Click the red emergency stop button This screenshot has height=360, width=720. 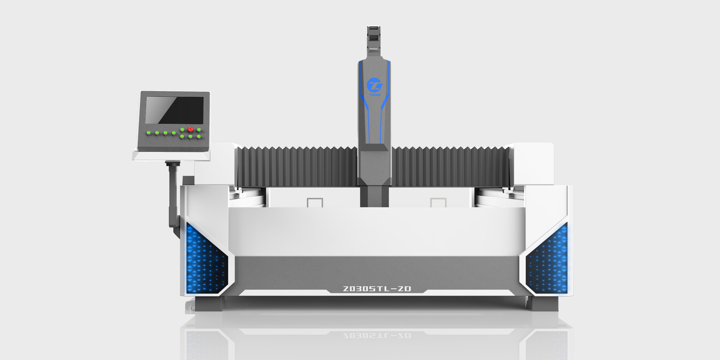pos(190,129)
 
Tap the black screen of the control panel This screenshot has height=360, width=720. pos(174,110)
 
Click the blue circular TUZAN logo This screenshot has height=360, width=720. pos(374,85)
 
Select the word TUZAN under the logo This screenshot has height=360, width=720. pos(375,95)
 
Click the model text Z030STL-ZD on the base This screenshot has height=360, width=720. pos(377,289)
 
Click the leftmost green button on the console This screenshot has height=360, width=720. pos(148,133)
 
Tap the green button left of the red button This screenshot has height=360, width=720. pos(182,130)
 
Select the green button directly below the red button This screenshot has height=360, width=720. pos(190,136)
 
